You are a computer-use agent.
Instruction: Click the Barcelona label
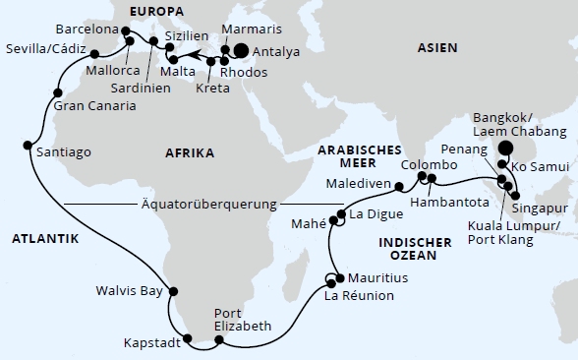click(x=86, y=30)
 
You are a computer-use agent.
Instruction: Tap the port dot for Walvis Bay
click(x=174, y=291)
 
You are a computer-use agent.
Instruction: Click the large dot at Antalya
click(x=240, y=51)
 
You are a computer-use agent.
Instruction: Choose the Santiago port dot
click(x=27, y=146)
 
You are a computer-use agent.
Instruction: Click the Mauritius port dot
click(x=338, y=276)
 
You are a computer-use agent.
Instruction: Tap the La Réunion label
click(x=360, y=295)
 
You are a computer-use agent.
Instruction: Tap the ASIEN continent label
click(x=438, y=47)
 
